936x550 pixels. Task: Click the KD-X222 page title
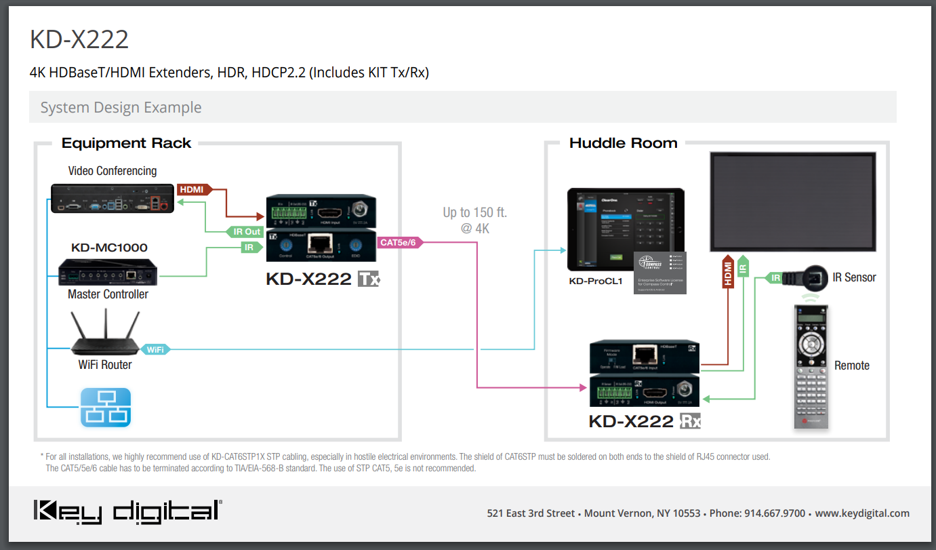coord(79,39)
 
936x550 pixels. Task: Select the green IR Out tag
coord(246,232)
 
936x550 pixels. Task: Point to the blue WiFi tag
coord(155,349)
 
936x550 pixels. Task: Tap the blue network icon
coord(106,407)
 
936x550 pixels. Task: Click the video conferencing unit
coord(113,197)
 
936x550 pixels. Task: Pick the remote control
coord(812,367)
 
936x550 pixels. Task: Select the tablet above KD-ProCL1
coord(625,229)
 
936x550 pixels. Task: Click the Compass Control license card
coord(659,273)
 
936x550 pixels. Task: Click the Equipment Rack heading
coord(126,143)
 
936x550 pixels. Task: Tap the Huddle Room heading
coord(623,143)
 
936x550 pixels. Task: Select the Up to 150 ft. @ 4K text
coord(474,220)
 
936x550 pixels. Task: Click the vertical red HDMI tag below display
coord(728,274)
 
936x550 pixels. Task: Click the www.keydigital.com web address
coord(862,513)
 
